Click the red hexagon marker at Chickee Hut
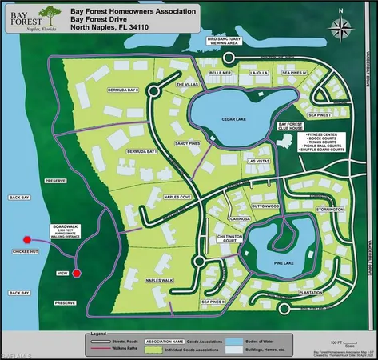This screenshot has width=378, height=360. pyautogui.click(x=27, y=239)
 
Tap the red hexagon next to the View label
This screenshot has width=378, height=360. pyautogui.click(x=77, y=274)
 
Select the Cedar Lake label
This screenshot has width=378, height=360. pyautogui.click(x=238, y=119)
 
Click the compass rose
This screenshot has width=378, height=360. pyautogui.click(x=341, y=29)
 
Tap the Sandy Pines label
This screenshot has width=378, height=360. pyautogui.click(x=186, y=143)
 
